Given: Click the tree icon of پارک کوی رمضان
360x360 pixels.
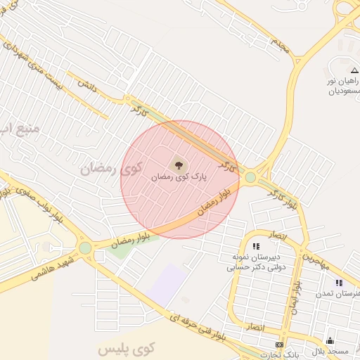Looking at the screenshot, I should [x=180, y=166].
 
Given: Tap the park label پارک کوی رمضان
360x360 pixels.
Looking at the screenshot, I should [x=180, y=178].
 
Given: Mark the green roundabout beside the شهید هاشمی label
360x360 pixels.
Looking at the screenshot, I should [x=86, y=247].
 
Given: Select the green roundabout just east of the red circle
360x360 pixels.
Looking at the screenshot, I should [x=250, y=177].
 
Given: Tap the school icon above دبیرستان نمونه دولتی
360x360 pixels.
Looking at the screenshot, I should [x=256, y=246].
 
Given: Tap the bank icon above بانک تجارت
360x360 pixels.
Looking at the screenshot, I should [x=279, y=345].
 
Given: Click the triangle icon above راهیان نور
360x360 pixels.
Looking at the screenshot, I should [x=354, y=70].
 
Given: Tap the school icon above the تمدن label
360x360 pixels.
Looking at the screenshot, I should [x=339, y=283].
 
